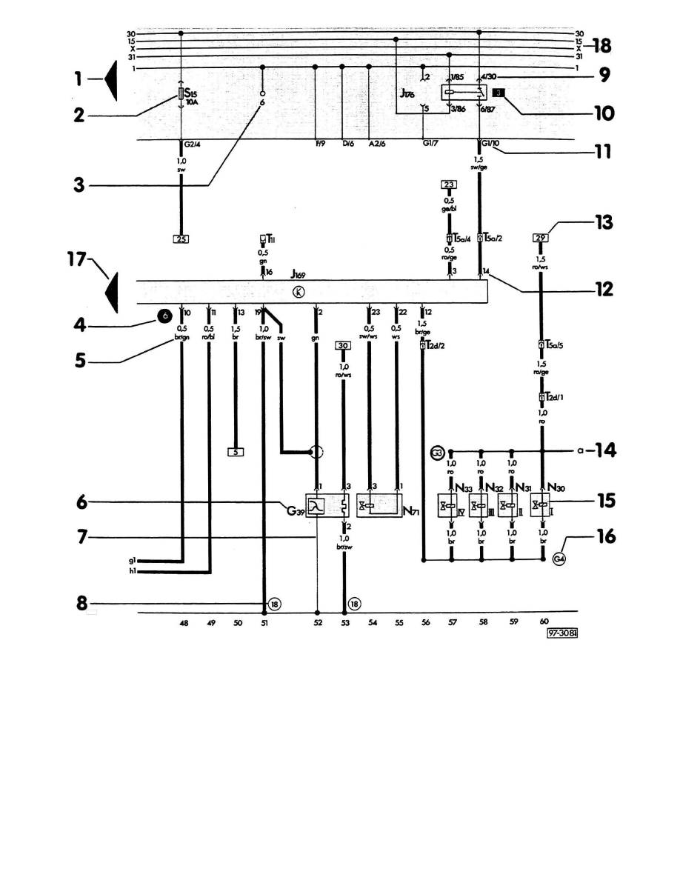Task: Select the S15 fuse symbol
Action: tap(181, 96)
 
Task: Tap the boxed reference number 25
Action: tap(181, 239)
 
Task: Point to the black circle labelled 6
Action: tap(166, 316)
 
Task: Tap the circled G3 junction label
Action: tap(437, 450)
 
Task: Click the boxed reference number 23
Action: tap(449, 184)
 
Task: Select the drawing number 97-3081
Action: tap(562, 634)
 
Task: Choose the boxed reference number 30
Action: tap(343, 345)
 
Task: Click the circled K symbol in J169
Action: tap(299, 292)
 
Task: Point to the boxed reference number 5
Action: tap(235, 450)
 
